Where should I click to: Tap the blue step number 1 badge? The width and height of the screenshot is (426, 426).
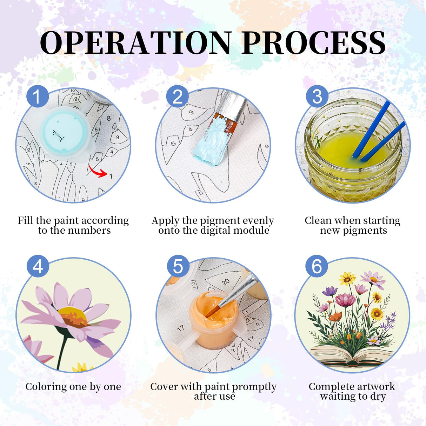click(x=38, y=96)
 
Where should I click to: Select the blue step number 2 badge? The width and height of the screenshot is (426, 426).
click(x=177, y=96)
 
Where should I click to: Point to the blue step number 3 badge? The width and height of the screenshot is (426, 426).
click(x=317, y=96)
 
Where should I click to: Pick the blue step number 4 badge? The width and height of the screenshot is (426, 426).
click(x=38, y=266)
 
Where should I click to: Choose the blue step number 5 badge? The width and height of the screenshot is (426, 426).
click(x=178, y=266)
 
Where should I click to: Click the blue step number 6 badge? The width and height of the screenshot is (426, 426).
click(x=317, y=266)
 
